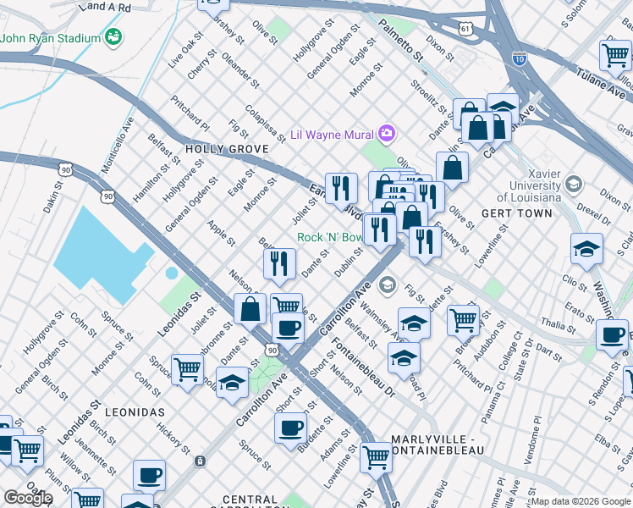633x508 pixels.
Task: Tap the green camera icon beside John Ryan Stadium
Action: click(x=113, y=37)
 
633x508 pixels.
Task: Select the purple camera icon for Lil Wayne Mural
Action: click(x=387, y=133)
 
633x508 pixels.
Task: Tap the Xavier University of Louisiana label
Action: click(x=535, y=185)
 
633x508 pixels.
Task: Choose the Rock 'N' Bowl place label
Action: click(x=328, y=238)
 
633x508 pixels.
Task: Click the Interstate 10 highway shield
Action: click(x=520, y=59)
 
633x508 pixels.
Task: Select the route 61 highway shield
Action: click(x=466, y=30)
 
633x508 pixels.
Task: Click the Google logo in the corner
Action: click(x=27, y=498)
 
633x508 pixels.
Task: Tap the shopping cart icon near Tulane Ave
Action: click(x=614, y=55)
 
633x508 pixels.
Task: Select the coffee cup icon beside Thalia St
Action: click(x=611, y=334)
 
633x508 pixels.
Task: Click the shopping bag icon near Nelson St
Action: click(x=250, y=309)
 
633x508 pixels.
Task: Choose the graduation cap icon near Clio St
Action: click(x=586, y=249)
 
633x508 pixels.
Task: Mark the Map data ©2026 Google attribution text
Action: click(x=581, y=501)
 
